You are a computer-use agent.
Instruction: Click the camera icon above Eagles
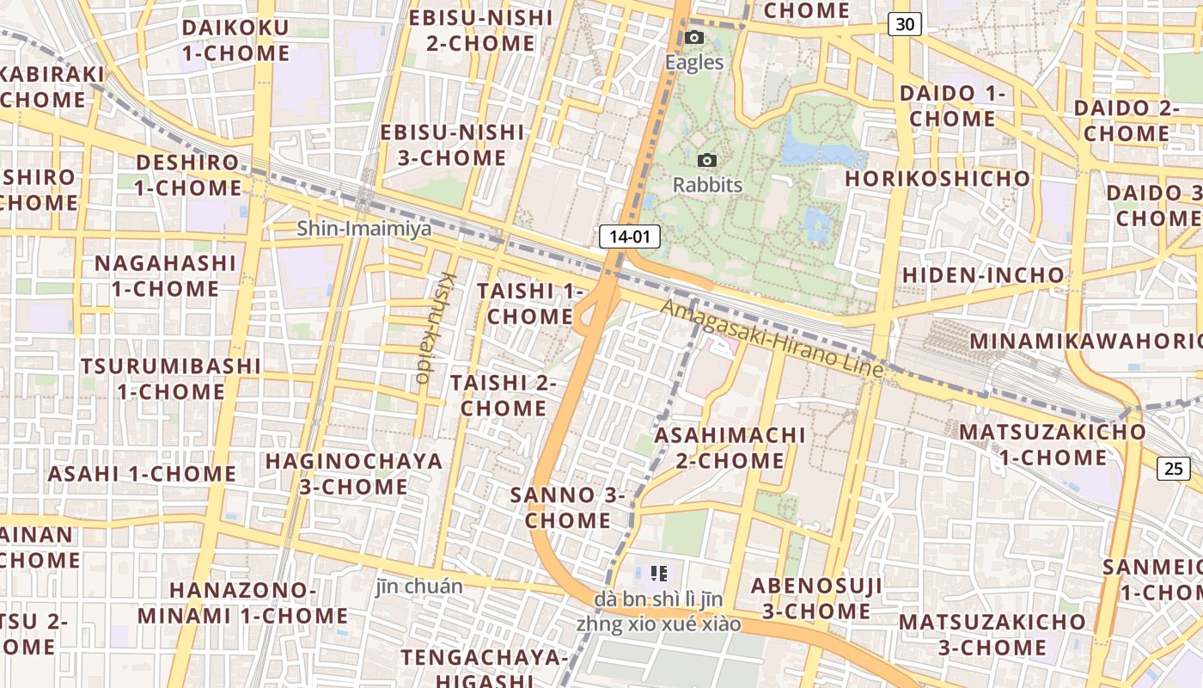(694, 38)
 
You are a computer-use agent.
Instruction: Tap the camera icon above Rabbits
(707, 161)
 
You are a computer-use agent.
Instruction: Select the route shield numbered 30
(905, 25)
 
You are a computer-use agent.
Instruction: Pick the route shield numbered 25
(1174, 469)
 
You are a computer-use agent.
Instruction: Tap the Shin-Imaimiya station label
(364, 229)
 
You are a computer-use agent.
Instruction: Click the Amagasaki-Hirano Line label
(772, 339)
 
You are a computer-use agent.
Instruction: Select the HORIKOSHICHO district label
(937, 179)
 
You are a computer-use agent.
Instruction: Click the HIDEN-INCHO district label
(982, 275)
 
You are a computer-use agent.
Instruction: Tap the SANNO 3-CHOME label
(568, 507)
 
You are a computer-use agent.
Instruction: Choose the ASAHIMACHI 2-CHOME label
(730, 447)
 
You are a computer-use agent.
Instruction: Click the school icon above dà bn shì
(659, 573)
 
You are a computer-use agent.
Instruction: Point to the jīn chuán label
(419, 587)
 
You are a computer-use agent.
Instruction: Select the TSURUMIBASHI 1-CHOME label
(171, 378)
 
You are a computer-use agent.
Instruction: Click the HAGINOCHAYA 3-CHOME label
(353, 473)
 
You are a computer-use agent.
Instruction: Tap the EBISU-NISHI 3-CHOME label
(452, 144)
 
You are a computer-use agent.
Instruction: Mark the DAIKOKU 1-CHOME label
(235, 40)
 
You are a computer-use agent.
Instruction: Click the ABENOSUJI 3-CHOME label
(816, 599)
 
